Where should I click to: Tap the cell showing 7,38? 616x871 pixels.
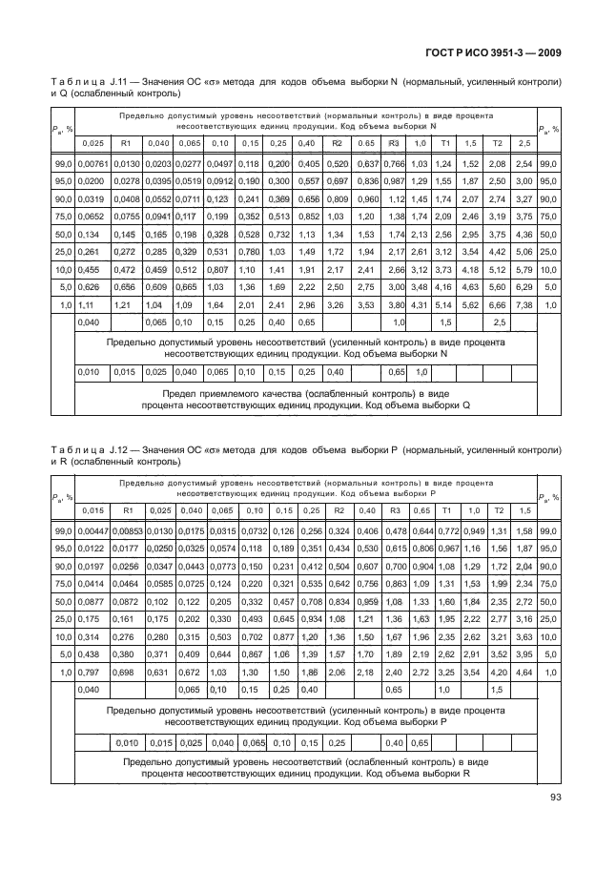click(x=524, y=303)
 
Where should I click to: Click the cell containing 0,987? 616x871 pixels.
click(x=392, y=180)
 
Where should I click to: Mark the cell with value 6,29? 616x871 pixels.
click(x=524, y=285)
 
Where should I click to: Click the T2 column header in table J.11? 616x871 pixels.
click(x=496, y=142)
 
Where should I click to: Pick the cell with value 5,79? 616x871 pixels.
click(x=524, y=269)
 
